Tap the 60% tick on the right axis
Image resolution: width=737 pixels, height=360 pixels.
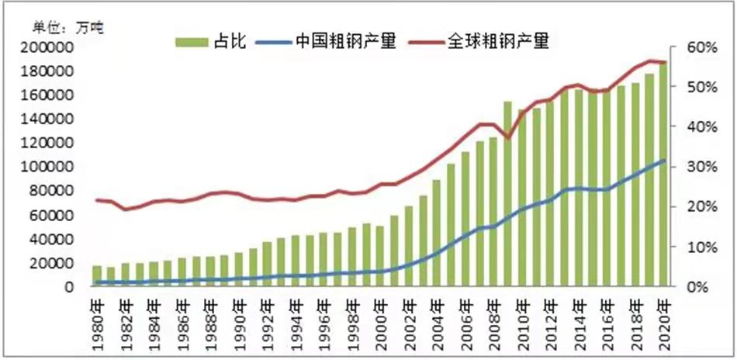coord(699,47)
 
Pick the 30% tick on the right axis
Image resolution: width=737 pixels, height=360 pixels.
coord(699,167)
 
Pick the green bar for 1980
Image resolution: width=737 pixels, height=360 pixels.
coord(97,276)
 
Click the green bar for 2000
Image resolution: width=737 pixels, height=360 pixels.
coord(380,256)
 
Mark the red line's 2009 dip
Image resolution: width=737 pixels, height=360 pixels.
coord(507,138)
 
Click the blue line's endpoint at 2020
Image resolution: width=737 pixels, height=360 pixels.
coord(664,160)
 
